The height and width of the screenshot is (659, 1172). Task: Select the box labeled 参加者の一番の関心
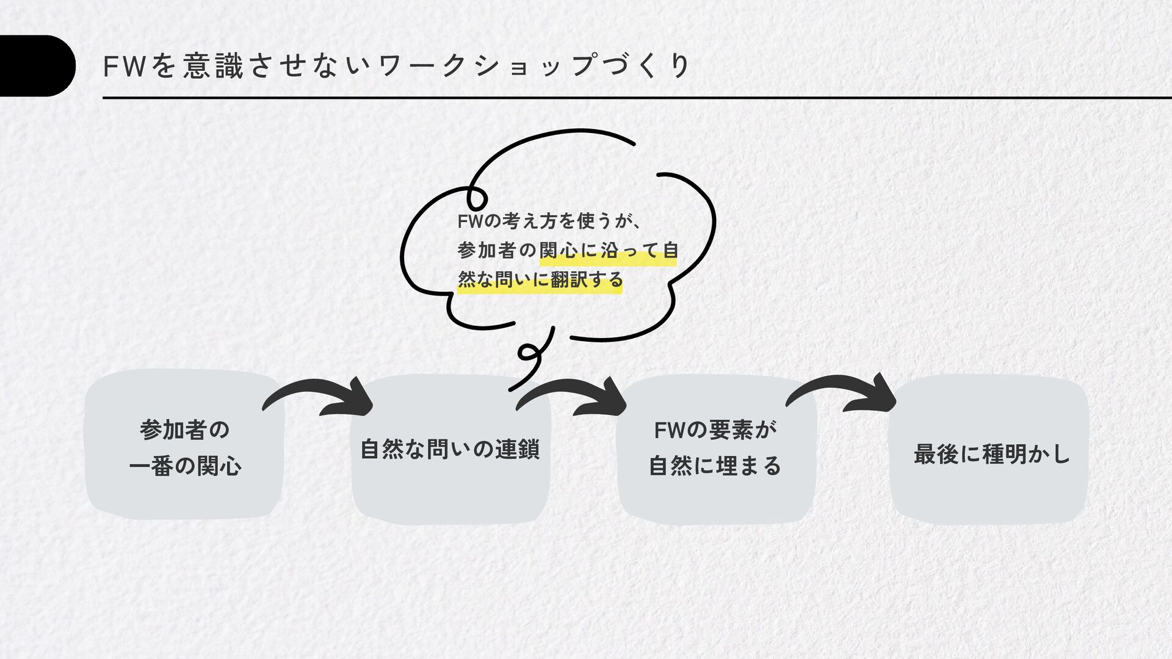[x=184, y=445]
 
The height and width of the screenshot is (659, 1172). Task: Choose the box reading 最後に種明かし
[x=990, y=452]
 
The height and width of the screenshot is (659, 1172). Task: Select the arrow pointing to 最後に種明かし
[x=845, y=394]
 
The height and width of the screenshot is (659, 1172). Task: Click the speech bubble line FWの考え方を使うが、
[x=549, y=221]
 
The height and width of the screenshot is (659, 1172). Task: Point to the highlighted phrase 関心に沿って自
[x=609, y=251]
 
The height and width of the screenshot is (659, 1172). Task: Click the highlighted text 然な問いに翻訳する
[x=540, y=280]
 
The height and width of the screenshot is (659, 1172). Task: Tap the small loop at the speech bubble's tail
[x=527, y=353]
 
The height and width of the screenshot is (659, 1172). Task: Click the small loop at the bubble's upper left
[x=476, y=198]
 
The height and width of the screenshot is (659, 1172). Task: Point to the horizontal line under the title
[x=635, y=98]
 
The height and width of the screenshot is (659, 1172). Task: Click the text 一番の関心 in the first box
[x=186, y=467]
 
